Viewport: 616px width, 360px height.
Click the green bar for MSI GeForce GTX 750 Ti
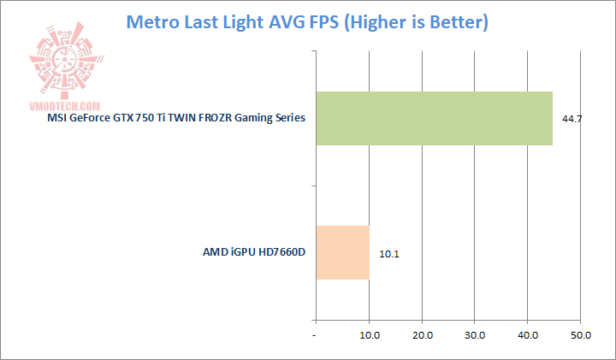(x=434, y=117)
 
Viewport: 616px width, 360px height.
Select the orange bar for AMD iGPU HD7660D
(x=342, y=252)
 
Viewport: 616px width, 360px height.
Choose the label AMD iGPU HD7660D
(x=254, y=253)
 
